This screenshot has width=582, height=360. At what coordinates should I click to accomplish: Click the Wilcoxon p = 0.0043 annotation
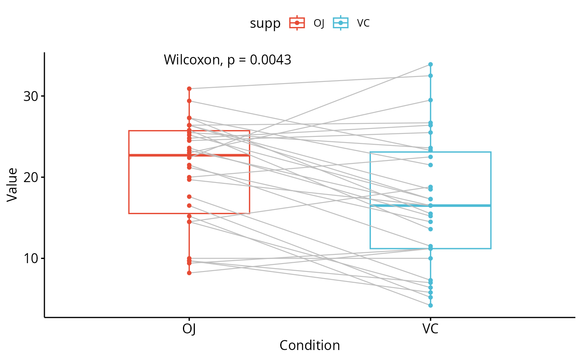[x=227, y=60]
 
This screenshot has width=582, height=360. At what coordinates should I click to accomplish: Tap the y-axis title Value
[x=12, y=184]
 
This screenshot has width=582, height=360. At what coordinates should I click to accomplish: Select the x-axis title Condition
[x=310, y=345]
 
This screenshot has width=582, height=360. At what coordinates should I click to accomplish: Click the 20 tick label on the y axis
[x=31, y=177]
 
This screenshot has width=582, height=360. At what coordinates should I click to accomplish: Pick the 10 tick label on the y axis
[x=31, y=258]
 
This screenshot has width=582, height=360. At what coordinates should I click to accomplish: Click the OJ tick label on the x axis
[x=189, y=329]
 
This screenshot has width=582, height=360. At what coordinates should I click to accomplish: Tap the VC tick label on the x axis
[x=430, y=329]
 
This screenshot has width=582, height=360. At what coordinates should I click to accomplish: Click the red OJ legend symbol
[x=297, y=23]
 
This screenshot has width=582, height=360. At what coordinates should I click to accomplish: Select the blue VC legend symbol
[x=341, y=23]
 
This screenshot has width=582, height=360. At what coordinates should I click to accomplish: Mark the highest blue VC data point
[x=431, y=64]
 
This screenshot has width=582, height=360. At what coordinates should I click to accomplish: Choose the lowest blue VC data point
[x=431, y=306]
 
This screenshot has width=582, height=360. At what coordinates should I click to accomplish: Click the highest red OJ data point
[x=189, y=89]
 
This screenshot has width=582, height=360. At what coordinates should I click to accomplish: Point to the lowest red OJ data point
[x=189, y=273]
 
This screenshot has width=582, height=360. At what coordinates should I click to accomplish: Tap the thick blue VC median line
[x=457, y=205]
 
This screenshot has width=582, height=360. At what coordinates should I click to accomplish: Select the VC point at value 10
[x=431, y=258]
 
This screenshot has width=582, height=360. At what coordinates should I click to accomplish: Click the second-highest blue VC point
[x=431, y=76]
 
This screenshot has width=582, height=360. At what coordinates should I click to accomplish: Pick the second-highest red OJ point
[x=189, y=101]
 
